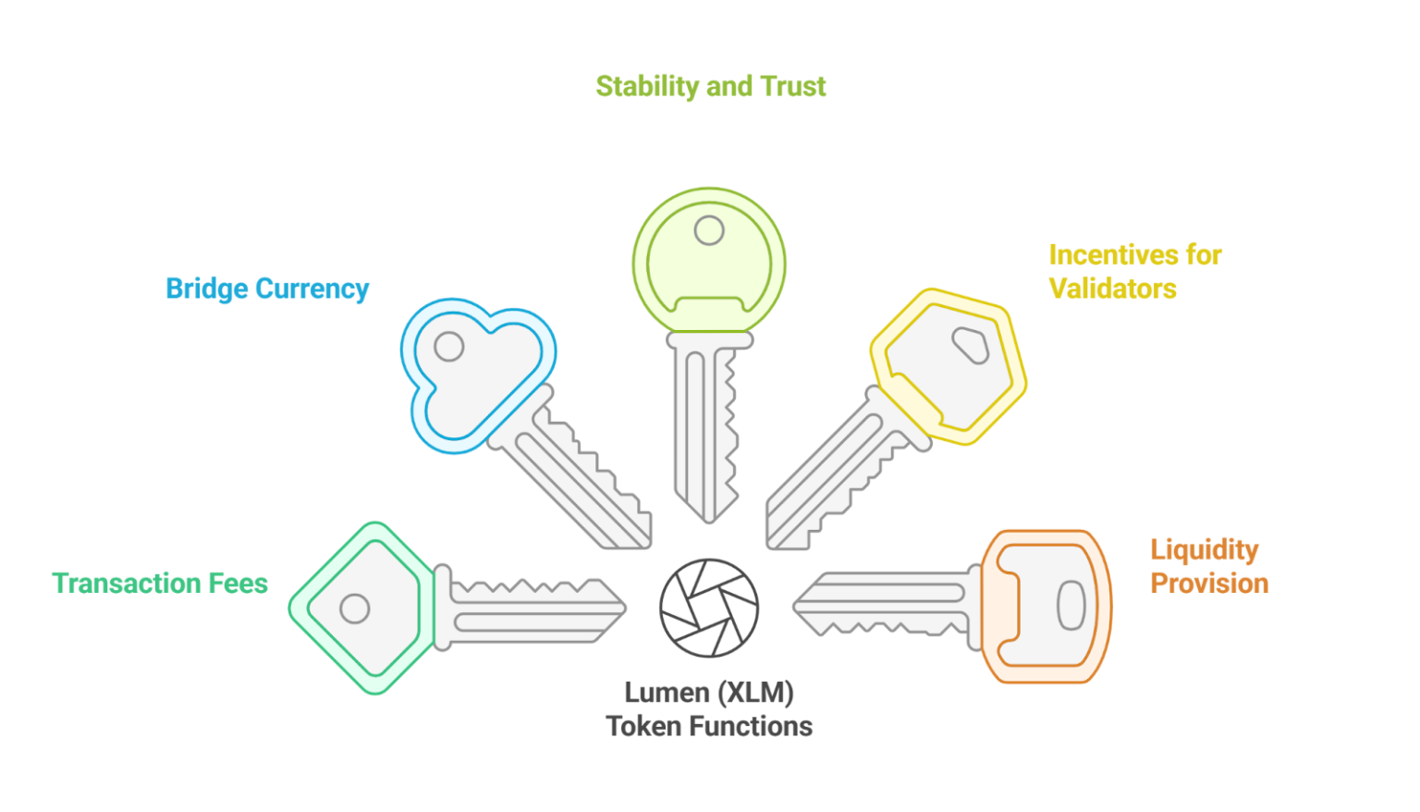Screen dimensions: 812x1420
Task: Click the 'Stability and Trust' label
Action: pos(710,86)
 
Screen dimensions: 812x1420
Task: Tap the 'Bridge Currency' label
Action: pos(267,289)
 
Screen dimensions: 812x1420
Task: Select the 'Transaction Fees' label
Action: pos(160,583)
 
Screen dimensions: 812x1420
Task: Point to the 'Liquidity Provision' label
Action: pos(1208,566)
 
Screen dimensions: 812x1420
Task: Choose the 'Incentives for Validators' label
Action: pos(1134,271)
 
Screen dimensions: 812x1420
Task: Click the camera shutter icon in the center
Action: pos(709,608)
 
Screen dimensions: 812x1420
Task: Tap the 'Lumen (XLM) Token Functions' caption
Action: pos(709,709)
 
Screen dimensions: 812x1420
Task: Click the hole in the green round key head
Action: pos(709,229)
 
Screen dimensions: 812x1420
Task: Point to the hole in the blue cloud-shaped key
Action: pos(449,347)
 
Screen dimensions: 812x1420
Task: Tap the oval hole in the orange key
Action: pos(1071,606)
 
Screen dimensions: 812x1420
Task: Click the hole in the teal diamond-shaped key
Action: pos(354,609)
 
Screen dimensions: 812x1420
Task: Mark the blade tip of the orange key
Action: pos(797,608)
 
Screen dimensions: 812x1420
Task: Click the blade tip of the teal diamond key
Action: pos(623,609)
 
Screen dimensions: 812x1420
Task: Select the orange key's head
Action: pos(1045,606)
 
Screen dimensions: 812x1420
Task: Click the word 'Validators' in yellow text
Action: pos(1112,288)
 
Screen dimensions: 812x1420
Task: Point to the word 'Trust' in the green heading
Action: pos(792,86)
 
